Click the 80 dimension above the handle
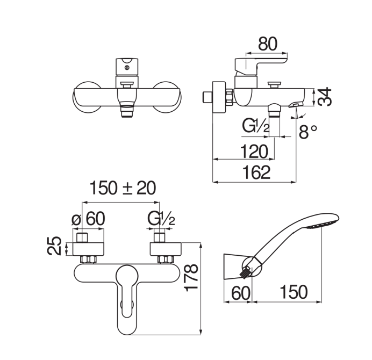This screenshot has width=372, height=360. [x=268, y=44]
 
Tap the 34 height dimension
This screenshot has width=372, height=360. [x=325, y=97]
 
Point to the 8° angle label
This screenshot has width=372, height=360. [x=307, y=132]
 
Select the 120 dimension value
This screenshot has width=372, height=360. [x=254, y=152]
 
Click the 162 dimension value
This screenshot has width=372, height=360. [x=257, y=172]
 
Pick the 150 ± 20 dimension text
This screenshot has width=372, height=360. [x=123, y=188]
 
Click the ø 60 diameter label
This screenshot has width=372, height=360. [x=88, y=219]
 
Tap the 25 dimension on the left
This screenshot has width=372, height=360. [x=55, y=246]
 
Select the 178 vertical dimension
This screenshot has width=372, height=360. [x=191, y=277]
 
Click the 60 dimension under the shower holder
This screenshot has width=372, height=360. [x=241, y=293]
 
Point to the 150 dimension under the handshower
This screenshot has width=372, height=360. [x=294, y=292]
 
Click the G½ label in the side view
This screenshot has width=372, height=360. [x=256, y=126]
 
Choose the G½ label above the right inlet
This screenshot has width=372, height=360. [x=161, y=219]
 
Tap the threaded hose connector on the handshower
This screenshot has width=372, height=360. [x=245, y=272]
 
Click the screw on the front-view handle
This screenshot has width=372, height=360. [x=127, y=68]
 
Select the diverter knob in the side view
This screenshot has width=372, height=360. [x=274, y=85]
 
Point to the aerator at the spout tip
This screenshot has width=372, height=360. [x=296, y=105]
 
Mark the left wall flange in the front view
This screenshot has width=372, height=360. [x=87, y=97]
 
